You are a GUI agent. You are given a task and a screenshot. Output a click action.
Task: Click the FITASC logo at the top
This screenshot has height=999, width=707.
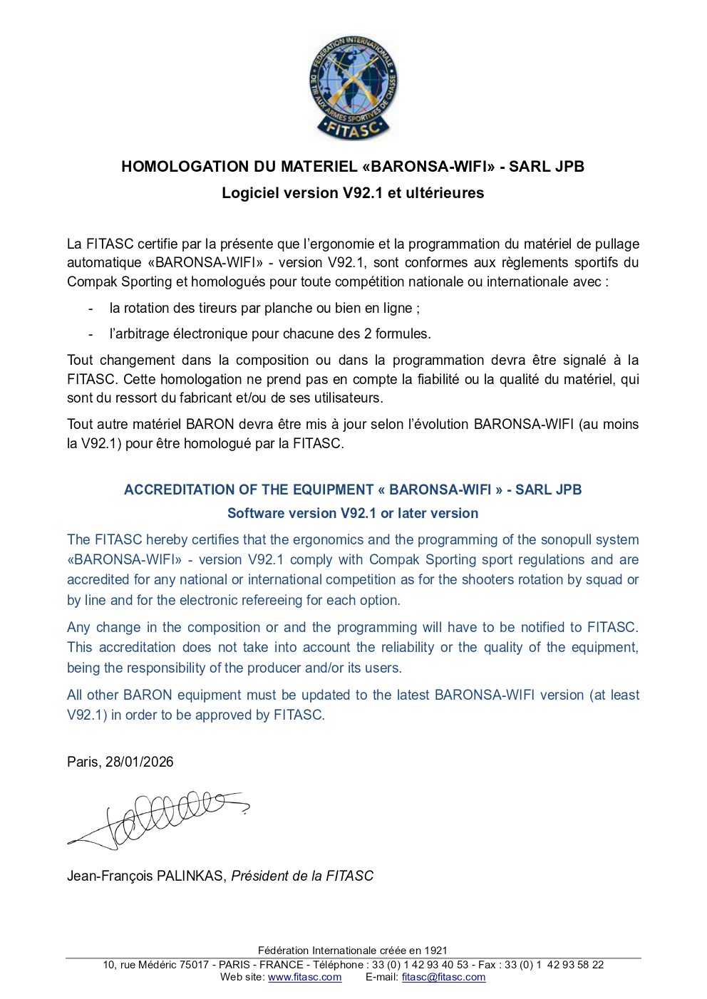point(353,88)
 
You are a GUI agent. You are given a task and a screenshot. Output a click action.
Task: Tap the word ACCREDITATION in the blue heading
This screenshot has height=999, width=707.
point(177,490)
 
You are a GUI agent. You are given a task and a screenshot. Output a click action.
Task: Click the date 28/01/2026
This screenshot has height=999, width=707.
point(140,762)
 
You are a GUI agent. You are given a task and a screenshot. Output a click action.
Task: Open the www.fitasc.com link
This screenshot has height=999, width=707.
point(304,977)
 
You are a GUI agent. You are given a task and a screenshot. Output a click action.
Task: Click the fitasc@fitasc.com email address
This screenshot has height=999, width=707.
point(443,977)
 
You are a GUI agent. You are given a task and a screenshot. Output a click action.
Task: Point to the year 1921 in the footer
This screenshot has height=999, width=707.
point(435,950)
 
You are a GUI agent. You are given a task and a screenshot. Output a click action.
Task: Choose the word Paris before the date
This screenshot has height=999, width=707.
point(83,762)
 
